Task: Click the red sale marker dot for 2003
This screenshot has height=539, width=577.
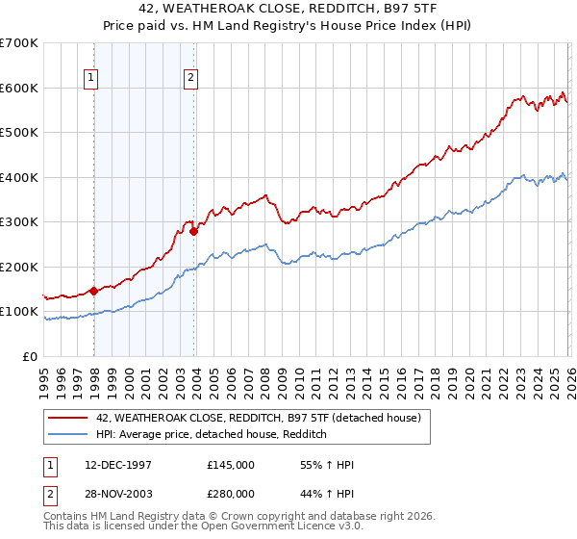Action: tap(194, 231)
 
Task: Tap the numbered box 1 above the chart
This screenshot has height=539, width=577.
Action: tap(90, 78)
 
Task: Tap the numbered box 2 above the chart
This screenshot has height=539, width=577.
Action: tap(191, 78)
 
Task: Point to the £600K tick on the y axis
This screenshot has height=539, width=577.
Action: tap(19, 88)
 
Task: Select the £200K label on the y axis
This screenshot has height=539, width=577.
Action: tap(19, 267)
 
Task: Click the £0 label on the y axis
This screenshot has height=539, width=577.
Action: tap(32, 356)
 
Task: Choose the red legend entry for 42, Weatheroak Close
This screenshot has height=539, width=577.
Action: tap(259, 418)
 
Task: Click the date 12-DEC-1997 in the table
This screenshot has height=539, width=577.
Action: tap(119, 465)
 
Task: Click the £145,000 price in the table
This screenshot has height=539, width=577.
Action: tap(231, 465)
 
